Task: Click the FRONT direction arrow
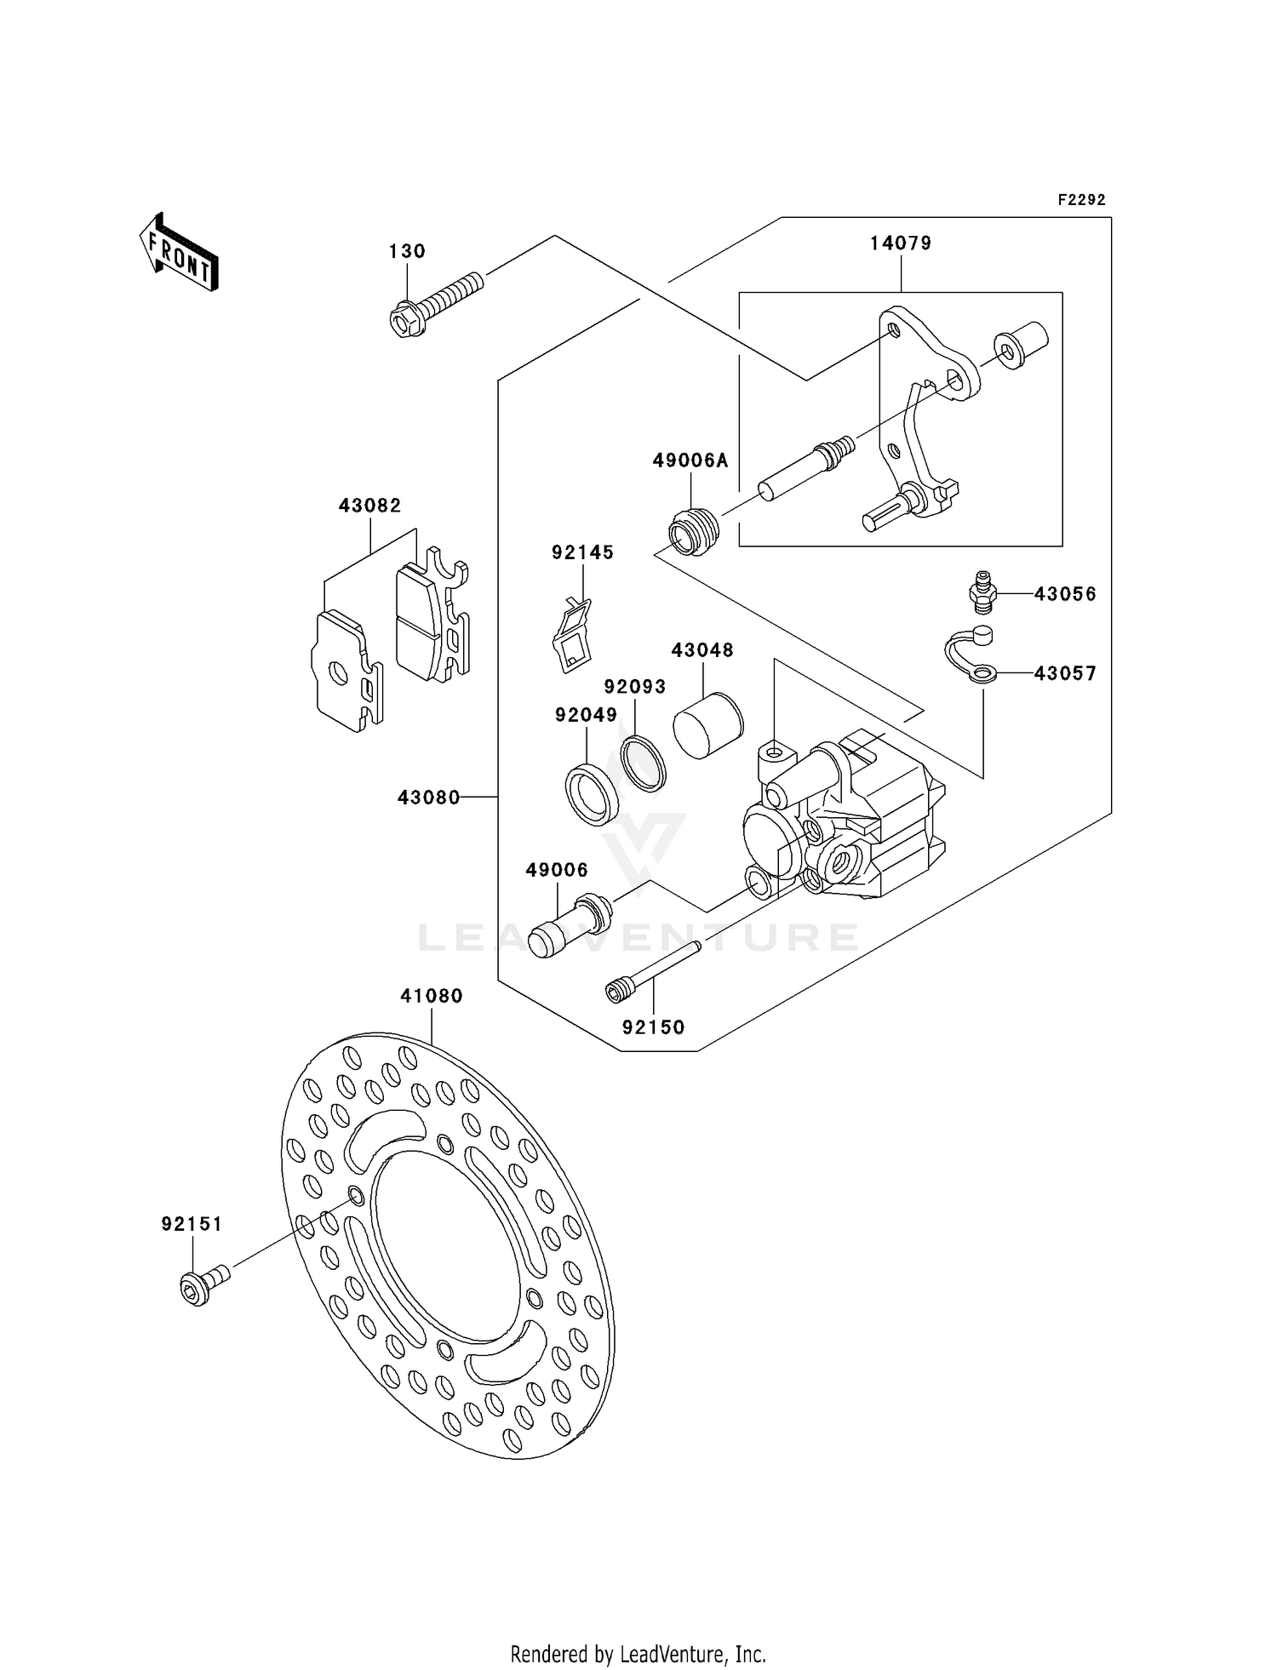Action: click(180, 253)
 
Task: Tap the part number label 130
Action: click(407, 251)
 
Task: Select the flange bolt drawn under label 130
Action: click(434, 303)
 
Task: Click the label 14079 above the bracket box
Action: click(900, 243)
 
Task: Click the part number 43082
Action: click(369, 506)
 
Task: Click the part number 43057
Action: click(1065, 673)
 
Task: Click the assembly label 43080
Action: click(428, 798)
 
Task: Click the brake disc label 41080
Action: click(432, 996)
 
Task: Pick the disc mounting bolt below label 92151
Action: click(203, 1285)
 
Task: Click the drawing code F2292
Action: click(1081, 200)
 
